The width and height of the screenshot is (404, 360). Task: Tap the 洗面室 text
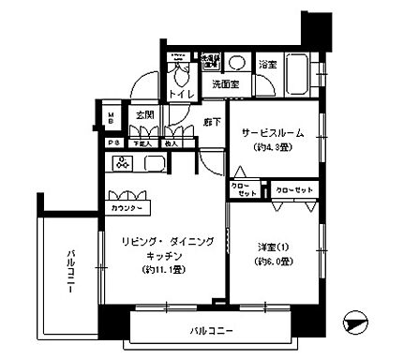(x=228, y=85)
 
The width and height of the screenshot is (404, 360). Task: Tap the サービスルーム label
(x=273, y=132)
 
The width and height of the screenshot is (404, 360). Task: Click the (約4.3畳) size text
(x=273, y=146)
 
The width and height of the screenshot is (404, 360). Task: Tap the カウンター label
(x=127, y=207)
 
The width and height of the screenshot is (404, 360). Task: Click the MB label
(x=111, y=119)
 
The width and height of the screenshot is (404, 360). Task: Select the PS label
(x=112, y=143)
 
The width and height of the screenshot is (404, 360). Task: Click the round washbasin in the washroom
(x=238, y=64)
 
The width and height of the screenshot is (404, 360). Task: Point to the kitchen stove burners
(x=123, y=164)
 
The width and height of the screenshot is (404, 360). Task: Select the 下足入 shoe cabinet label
(x=142, y=143)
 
